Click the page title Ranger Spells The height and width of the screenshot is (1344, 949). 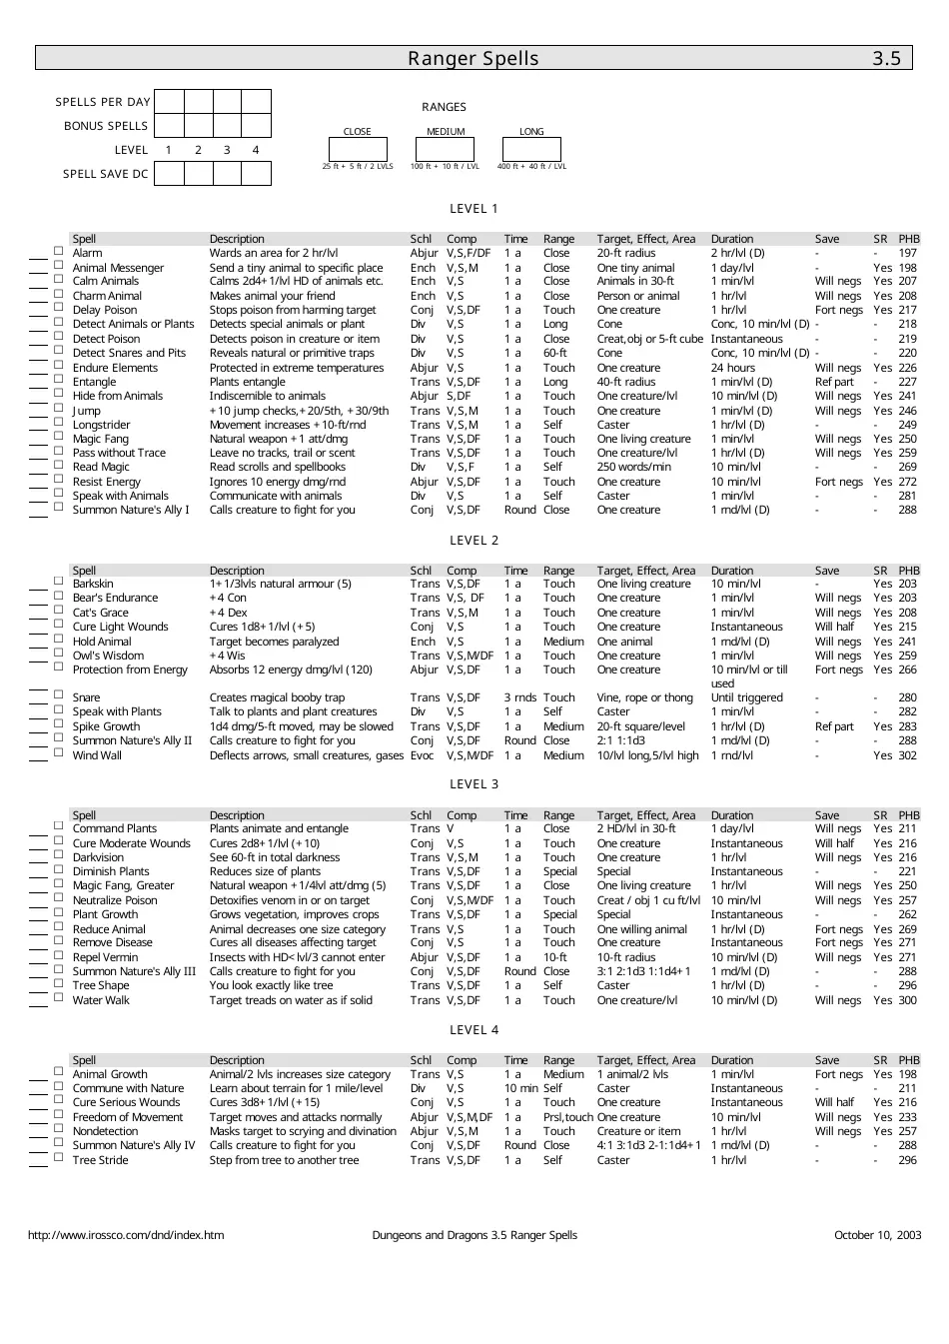473,58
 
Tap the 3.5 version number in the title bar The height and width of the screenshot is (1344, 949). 886,58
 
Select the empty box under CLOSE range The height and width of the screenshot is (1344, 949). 358,149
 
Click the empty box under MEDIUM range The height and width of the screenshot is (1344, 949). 445,149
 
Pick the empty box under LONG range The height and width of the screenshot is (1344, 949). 531,149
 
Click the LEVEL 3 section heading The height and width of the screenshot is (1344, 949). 474,784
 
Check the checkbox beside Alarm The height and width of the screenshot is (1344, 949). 58,252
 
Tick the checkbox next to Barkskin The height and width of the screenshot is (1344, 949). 58,583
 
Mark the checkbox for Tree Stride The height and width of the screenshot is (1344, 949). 58,1159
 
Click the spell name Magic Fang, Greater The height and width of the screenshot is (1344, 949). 123,886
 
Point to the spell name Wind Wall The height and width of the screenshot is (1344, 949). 97,755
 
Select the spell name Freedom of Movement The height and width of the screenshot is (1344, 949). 128,1117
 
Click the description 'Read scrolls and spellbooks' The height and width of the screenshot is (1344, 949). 277,467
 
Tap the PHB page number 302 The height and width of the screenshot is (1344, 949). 907,755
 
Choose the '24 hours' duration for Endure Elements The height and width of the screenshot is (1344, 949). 733,368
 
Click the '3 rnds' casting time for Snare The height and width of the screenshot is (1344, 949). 519,697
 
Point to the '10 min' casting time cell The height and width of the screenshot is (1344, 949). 520,1088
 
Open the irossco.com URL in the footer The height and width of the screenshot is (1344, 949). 126,1235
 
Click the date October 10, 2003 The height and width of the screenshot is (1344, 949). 877,1235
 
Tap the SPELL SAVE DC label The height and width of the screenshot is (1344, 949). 105,174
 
